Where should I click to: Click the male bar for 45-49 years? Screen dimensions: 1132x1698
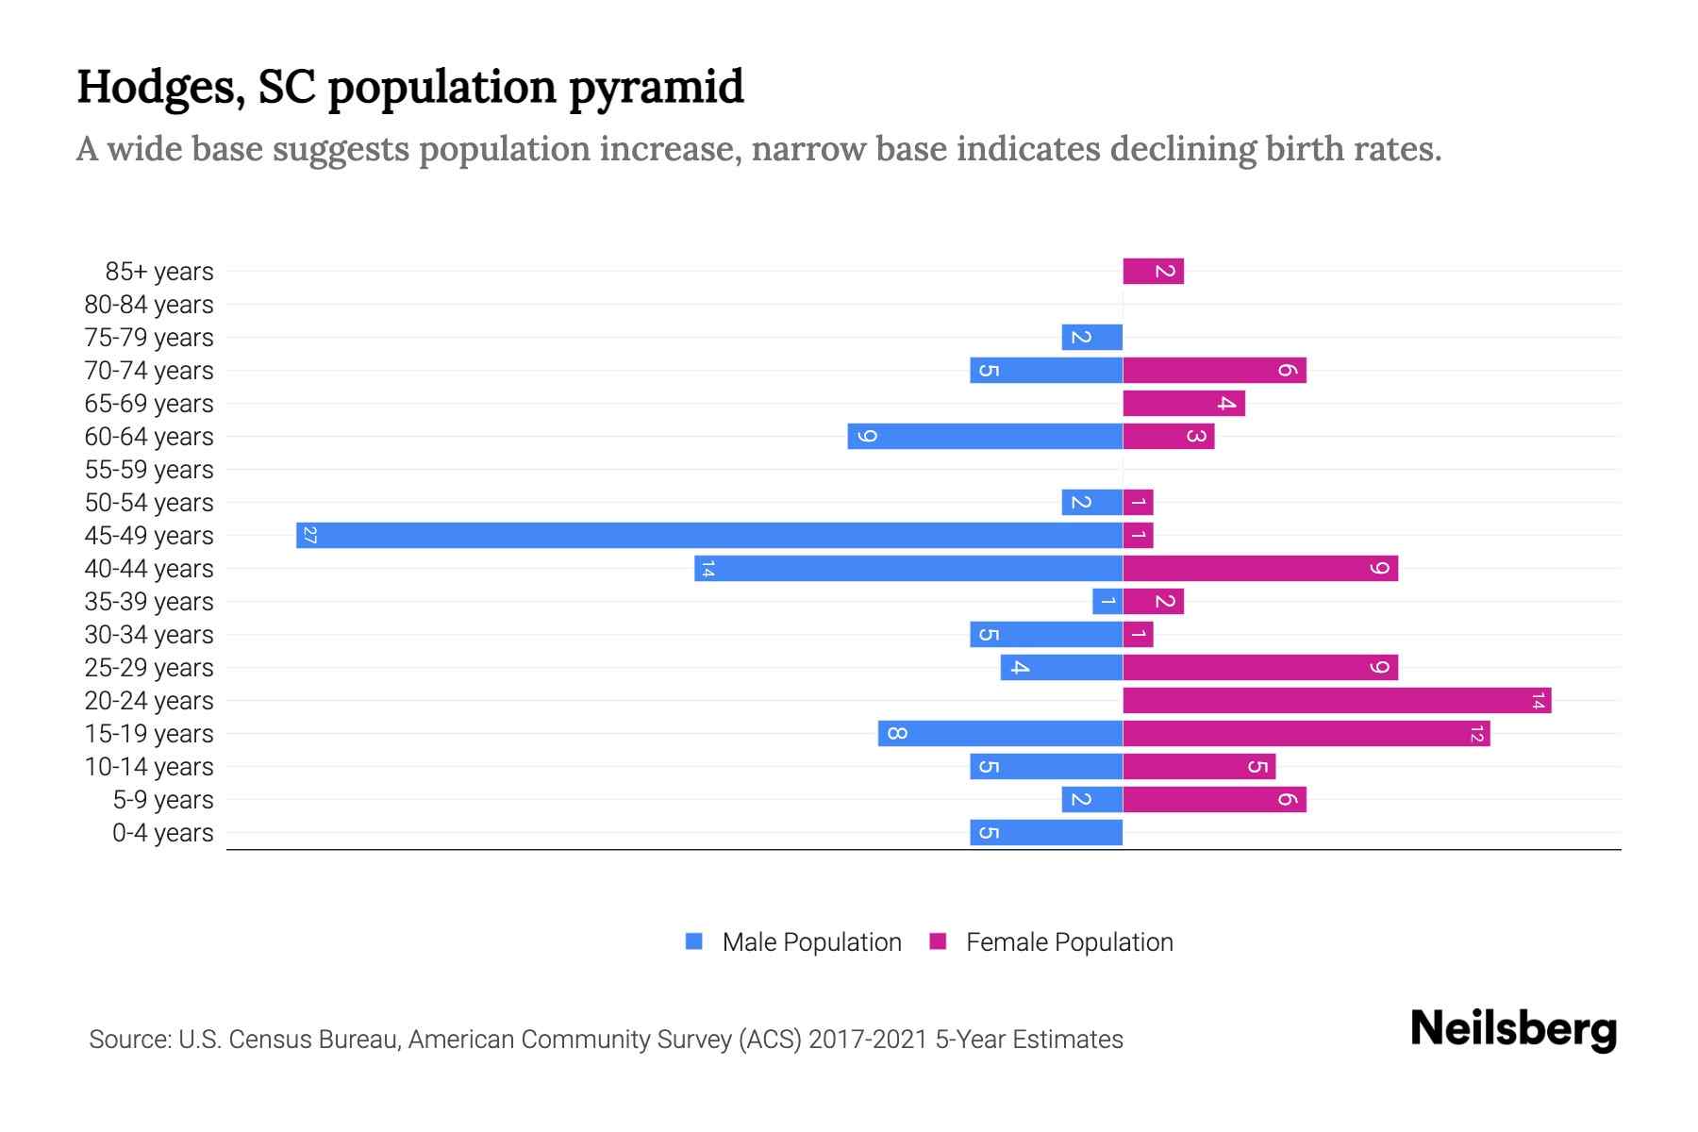tap(709, 535)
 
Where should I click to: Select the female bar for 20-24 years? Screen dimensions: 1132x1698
tap(1337, 700)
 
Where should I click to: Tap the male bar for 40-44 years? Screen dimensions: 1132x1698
tap(908, 568)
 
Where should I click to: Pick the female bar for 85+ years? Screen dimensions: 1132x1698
tap(1153, 271)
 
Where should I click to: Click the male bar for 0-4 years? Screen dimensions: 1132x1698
tap(1046, 832)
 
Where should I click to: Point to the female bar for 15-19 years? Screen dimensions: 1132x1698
tap(1307, 733)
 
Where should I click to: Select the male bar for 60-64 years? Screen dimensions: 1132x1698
tap(985, 436)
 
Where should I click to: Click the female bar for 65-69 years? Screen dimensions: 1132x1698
tap(1184, 403)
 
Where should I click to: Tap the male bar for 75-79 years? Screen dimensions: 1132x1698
tap(1091, 337)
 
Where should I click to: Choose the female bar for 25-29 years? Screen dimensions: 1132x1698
tap(1260, 667)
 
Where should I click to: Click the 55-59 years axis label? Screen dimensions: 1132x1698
tap(149, 470)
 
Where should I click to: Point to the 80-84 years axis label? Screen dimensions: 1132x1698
tap(149, 305)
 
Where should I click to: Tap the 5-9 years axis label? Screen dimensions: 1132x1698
tap(163, 800)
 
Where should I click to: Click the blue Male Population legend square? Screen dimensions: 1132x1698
tap(694, 941)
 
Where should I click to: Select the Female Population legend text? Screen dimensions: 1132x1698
tap(1070, 942)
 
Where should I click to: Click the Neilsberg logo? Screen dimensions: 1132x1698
tap(1513, 1028)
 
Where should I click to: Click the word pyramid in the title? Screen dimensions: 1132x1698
tap(657, 87)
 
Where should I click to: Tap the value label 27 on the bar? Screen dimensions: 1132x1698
tap(309, 536)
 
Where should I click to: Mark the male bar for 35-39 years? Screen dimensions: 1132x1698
tap(1107, 601)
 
